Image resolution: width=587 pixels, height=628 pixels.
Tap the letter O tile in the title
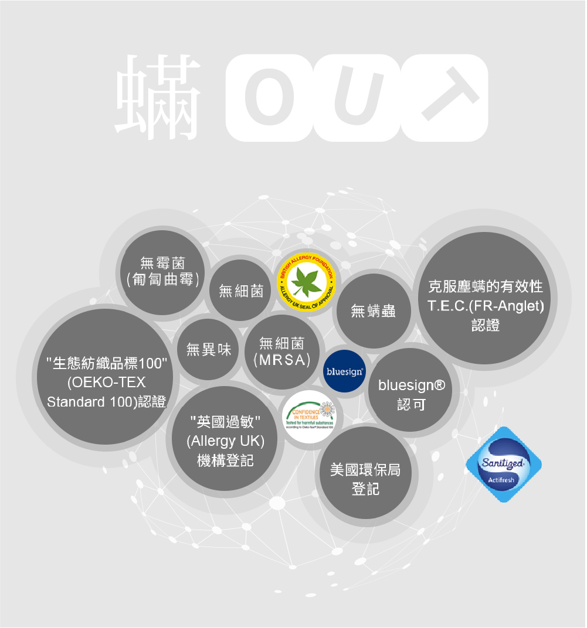268,98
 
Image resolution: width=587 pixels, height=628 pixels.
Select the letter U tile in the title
356,98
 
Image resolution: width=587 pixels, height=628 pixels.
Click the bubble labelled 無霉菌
162,271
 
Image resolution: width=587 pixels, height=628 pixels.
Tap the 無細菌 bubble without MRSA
240,291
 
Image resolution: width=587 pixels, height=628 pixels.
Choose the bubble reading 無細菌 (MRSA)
281,351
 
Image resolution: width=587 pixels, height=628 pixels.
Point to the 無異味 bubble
208,350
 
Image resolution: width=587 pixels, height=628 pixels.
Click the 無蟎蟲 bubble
374,310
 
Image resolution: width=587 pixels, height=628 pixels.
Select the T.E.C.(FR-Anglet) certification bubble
486,306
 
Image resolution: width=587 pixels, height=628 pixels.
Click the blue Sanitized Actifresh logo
503,465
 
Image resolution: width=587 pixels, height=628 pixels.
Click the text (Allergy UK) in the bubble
225,441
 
